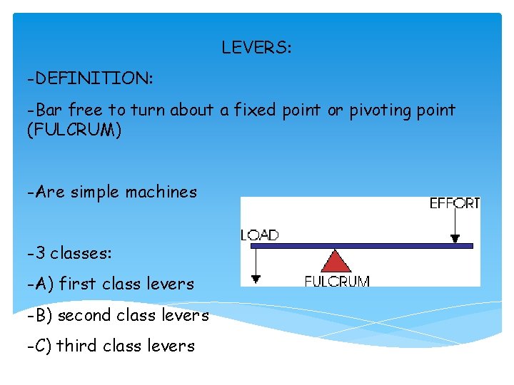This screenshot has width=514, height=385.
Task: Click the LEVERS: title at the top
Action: (x=256, y=48)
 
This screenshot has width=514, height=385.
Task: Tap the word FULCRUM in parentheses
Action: (x=74, y=131)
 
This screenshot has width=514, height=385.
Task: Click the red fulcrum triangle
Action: (x=336, y=262)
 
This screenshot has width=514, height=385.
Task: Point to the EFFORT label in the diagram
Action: (x=454, y=204)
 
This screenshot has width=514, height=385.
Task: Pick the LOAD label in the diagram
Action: (x=260, y=235)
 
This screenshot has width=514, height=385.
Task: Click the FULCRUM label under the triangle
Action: (x=337, y=281)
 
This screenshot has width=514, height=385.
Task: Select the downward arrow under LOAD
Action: (x=255, y=264)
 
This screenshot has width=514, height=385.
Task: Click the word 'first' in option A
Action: (x=78, y=284)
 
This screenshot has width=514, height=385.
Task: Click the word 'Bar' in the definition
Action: (x=49, y=111)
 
